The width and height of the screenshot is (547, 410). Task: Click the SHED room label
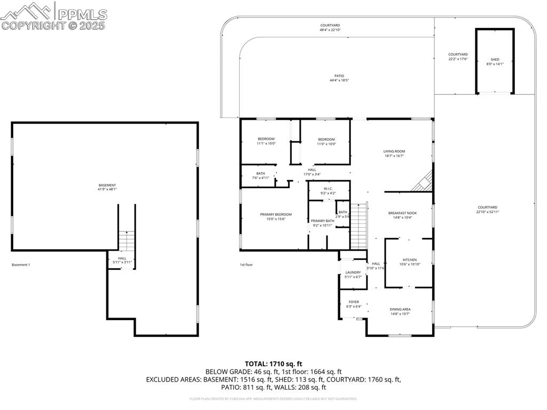point(495,59)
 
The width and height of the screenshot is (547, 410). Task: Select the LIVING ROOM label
point(394,151)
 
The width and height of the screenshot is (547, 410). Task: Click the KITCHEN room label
point(410,260)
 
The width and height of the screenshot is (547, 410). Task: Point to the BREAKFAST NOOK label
point(402,213)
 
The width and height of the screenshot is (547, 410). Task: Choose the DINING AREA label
point(400,309)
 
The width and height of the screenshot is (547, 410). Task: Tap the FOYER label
point(354,302)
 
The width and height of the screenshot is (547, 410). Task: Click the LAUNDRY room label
point(353,273)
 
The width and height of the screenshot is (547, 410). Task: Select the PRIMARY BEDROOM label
point(276,214)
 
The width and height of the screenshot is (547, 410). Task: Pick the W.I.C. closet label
point(328,188)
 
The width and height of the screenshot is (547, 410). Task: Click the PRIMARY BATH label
point(322,221)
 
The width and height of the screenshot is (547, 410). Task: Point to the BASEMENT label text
point(107,185)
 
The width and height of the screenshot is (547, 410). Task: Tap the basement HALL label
point(122,259)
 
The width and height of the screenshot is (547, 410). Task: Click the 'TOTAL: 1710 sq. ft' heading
point(273,364)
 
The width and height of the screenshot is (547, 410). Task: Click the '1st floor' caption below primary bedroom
point(246,265)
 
